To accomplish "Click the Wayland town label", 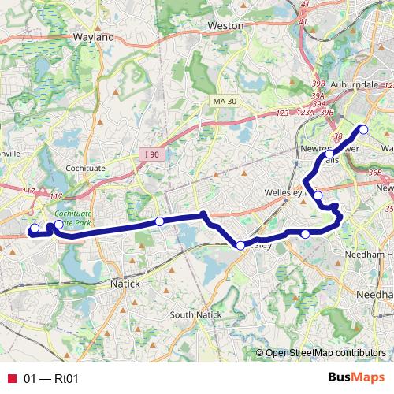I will coord(93,36).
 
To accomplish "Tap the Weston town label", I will coord(225,25).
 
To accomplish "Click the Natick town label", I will coord(125,283).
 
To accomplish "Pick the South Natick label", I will coord(193,315).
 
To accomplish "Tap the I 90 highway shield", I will coord(153,154).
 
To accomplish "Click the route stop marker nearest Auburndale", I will coord(363,129).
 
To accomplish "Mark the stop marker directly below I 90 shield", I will coord(159,222).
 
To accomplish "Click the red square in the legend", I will coord(12,379).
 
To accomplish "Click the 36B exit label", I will coord(375,173).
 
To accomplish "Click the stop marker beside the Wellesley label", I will coord(318,195).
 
